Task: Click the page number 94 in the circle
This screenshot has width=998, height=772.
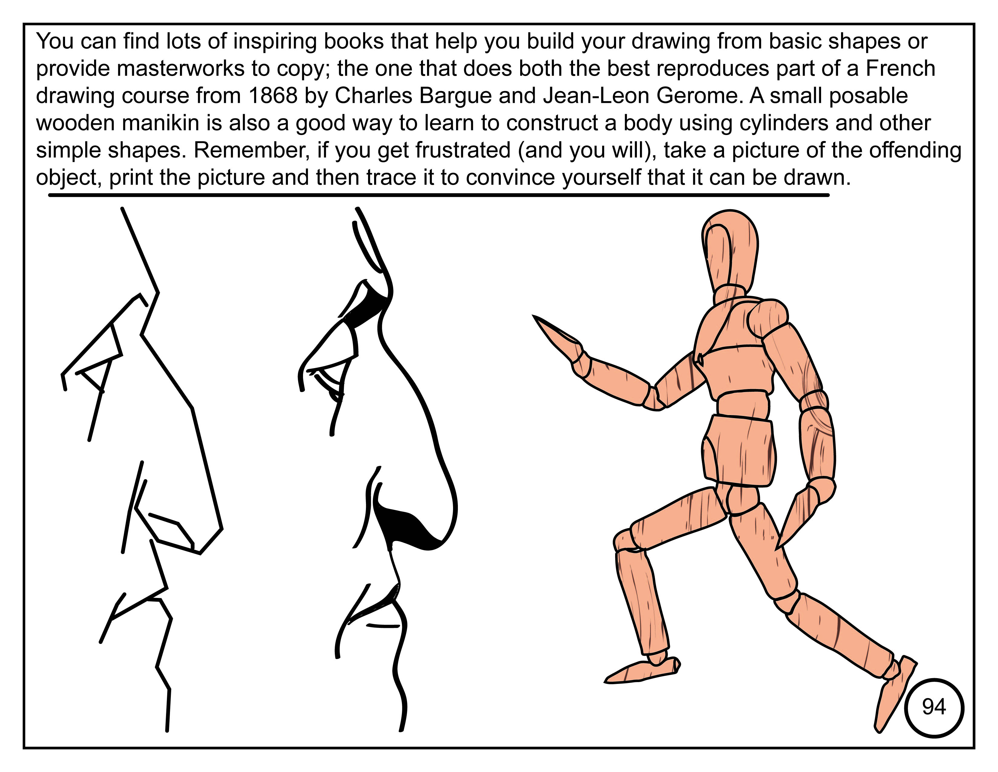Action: (x=934, y=707)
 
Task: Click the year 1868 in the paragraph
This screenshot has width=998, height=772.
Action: (x=272, y=96)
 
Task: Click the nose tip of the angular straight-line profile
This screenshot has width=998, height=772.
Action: (x=221, y=530)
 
